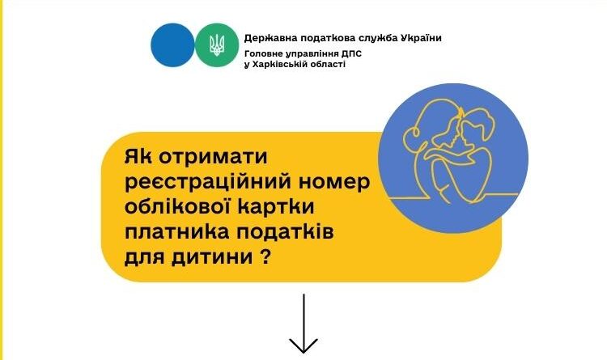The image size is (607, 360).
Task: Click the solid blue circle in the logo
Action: coord(172,45)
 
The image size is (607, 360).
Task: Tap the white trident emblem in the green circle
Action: coord(217,45)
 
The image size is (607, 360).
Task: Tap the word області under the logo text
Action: coord(326,65)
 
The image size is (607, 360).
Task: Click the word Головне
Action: coord(261,53)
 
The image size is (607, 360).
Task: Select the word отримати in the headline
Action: coord(213,157)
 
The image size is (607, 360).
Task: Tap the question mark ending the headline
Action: coord(264,256)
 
